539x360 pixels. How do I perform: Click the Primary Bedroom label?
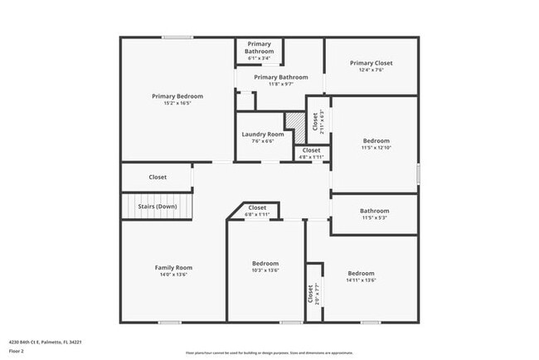tap(177, 96)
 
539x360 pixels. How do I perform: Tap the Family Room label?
tap(173, 267)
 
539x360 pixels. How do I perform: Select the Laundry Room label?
tap(263, 134)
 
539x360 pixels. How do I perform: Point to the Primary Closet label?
tap(371, 63)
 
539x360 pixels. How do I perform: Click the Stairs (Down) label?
tap(158, 207)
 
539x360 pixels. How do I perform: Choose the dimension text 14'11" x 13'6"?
tap(361, 280)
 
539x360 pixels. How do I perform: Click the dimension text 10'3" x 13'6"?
tap(265, 270)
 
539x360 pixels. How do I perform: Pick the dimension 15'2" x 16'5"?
tap(177, 104)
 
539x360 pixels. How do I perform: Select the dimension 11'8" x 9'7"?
tap(275, 85)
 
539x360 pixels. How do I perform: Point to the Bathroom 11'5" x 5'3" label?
tap(375, 215)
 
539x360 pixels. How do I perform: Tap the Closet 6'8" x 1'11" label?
tap(257, 212)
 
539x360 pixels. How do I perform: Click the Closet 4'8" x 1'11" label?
tap(311, 153)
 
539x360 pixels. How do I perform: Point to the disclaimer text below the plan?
tap(269, 352)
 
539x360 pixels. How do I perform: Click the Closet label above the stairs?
tap(158, 177)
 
